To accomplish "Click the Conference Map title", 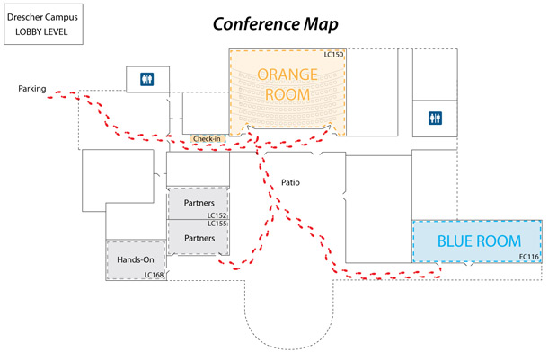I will coord(275,22).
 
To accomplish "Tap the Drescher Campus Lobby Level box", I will coord(41,24).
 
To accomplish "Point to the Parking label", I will coord(31,88).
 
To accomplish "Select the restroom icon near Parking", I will coord(146,79).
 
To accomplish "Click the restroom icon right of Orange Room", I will coord(435,118).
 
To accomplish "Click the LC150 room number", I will coord(333,55).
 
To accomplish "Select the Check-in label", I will coord(207,139).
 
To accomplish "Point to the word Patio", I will coord(289,182).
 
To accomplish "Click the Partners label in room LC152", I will coord(199,203).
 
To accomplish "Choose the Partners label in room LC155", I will coord(199,238).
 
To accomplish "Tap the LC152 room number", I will coord(217,215).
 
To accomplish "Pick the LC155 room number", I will coord(217,224).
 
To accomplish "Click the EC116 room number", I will coord(528,258).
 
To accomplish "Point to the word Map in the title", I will coord(322,22).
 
